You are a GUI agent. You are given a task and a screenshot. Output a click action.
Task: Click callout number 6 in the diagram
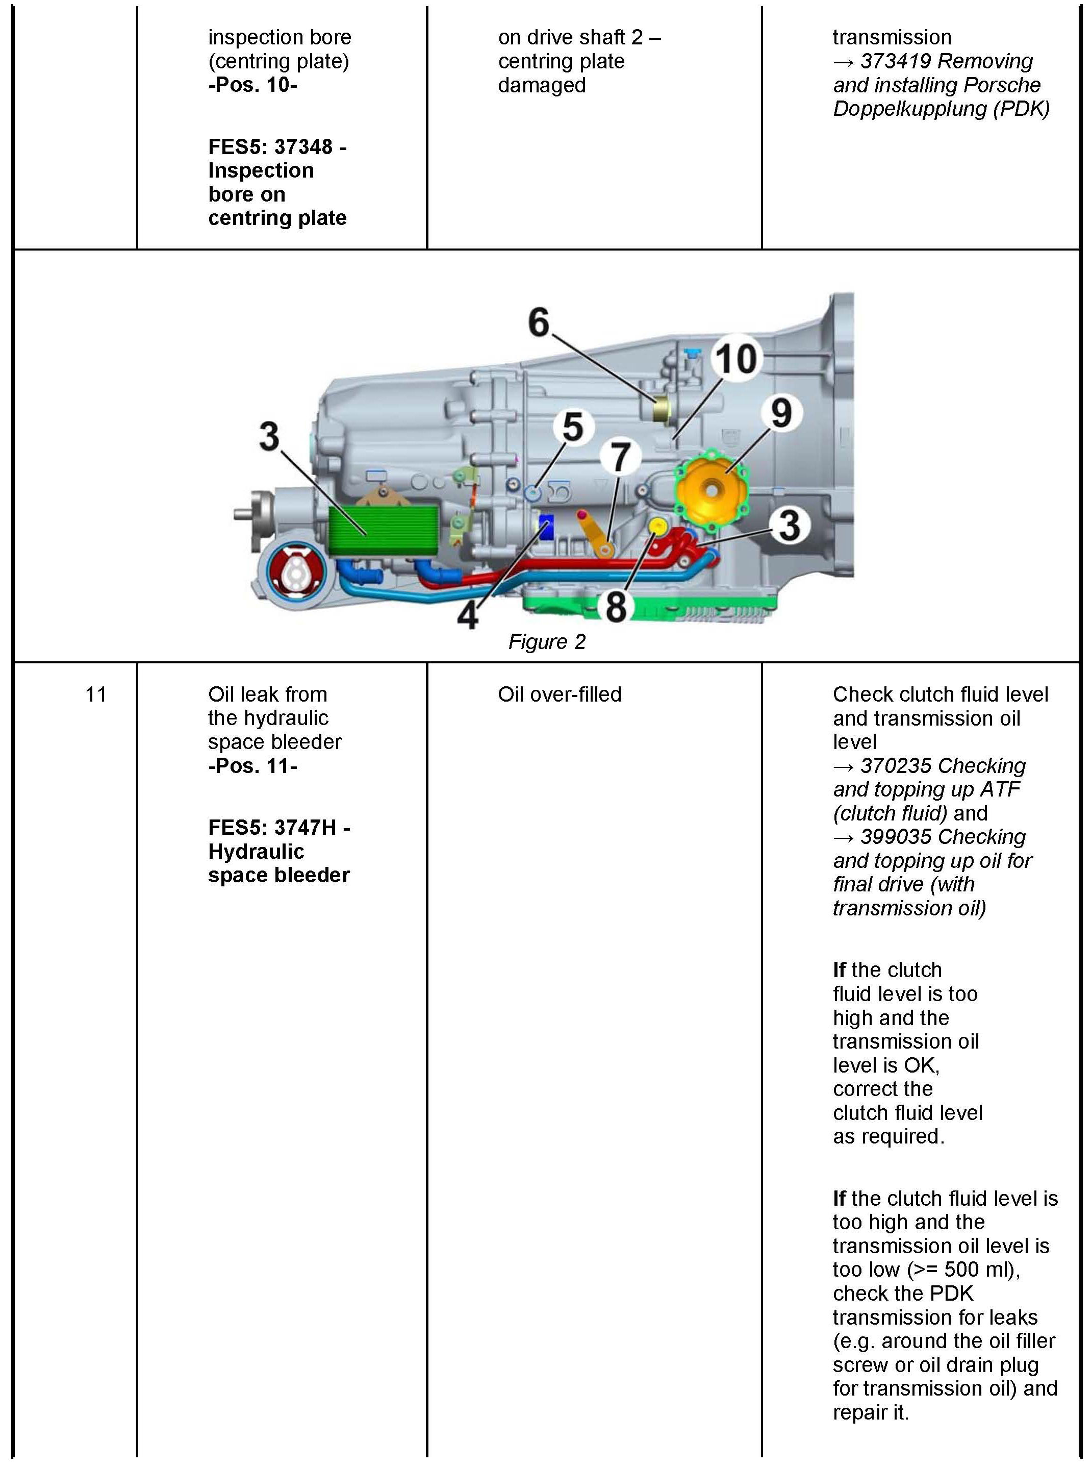(x=538, y=322)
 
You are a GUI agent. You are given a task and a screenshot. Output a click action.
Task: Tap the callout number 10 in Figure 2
(x=735, y=359)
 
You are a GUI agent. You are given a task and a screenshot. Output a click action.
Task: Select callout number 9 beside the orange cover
(x=781, y=412)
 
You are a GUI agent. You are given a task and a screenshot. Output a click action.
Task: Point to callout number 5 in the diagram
(x=572, y=427)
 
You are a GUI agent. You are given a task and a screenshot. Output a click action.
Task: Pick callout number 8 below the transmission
(x=616, y=606)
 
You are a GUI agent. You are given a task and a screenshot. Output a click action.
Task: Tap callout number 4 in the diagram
(x=468, y=615)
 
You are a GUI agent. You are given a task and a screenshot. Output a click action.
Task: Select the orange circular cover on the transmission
(x=710, y=488)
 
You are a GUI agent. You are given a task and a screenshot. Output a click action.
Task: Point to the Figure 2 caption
(x=547, y=642)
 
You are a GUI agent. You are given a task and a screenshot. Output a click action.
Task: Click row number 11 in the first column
(x=96, y=694)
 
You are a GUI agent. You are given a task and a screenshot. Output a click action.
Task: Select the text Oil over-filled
(x=559, y=694)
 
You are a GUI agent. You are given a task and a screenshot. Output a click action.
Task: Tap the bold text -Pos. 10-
(x=252, y=85)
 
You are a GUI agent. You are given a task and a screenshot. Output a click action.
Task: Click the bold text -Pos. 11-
(x=252, y=765)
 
